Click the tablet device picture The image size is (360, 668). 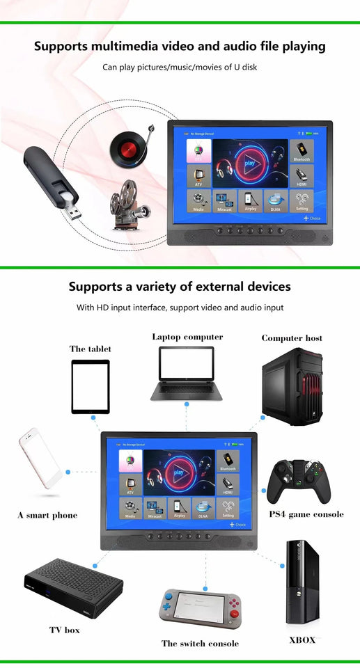(x=91, y=386)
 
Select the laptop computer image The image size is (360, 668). (x=186, y=374)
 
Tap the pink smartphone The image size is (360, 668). (x=40, y=459)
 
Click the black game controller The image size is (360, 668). (x=299, y=481)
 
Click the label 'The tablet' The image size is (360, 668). (x=90, y=349)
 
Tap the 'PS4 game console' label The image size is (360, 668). (x=306, y=514)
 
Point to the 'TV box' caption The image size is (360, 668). (x=64, y=630)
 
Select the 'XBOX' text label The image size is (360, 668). (x=302, y=639)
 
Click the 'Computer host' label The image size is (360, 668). (x=292, y=338)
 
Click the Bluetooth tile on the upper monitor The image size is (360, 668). (x=302, y=151)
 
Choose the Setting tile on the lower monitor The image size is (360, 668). (x=228, y=508)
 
